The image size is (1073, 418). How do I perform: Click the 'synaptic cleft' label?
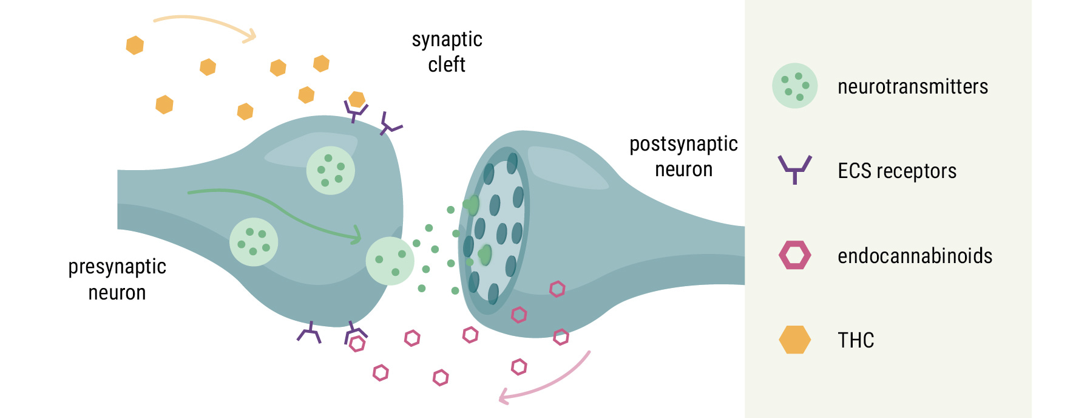tap(447, 52)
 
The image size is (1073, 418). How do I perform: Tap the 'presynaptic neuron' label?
tap(117, 279)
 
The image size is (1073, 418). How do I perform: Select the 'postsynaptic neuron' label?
tap(683, 157)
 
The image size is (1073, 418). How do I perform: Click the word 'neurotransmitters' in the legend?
tap(912, 87)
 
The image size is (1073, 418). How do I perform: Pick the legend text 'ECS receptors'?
tap(896, 171)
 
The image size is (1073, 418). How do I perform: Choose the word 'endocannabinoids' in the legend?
tap(915, 256)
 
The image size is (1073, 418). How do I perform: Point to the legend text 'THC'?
tap(856, 340)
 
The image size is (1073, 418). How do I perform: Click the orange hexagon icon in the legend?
tap(794, 340)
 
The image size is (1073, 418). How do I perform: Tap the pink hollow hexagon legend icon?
tap(794, 255)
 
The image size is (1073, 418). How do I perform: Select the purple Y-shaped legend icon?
tap(794, 169)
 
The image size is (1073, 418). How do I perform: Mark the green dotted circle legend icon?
tap(794, 86)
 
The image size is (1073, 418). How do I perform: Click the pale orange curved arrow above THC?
tap(206, 24)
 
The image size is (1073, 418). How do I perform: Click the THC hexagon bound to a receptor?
tap(357, 100)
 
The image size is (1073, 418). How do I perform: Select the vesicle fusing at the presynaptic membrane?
tap(390, 261)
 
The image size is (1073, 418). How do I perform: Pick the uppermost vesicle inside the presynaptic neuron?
tap(330, 170)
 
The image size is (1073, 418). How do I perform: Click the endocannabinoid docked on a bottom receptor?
tap(357, 344)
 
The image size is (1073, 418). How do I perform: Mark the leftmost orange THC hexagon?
tap(135, 45)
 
